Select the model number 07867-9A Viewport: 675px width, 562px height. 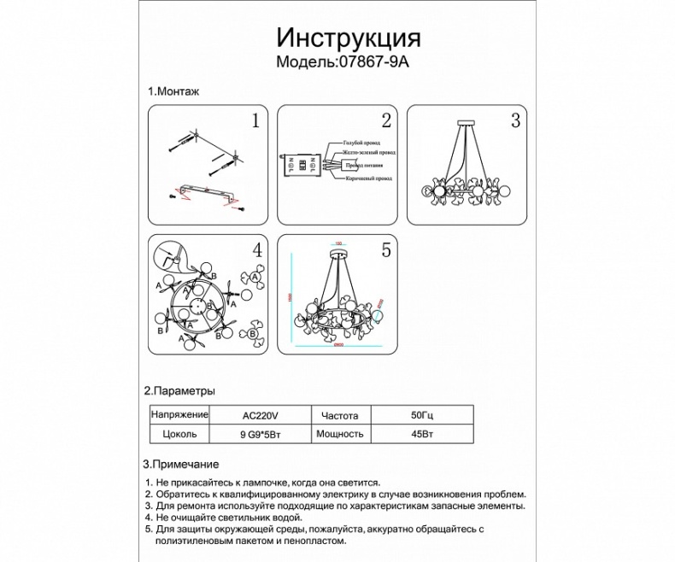[x=379, y=62]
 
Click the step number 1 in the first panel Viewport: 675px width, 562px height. [x=254, y=120]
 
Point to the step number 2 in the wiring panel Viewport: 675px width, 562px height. [x=385, y=120]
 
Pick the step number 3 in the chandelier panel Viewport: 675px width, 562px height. [x=515, y=120]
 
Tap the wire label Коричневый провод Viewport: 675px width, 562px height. [x=368, y=179]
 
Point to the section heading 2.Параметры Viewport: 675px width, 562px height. [x=179, y=390]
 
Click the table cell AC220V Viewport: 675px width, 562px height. [x=261, y=415]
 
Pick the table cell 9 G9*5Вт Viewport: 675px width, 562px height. [x=261, y=434]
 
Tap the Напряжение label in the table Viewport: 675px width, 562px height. [x=179, y=415]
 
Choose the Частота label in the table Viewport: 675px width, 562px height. [x=339, y=415]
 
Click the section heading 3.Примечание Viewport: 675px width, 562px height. [x=181, y=465]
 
